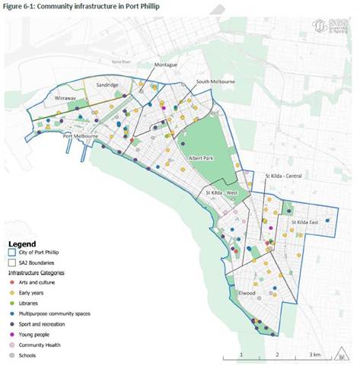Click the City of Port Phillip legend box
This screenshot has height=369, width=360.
click(x=13, y=253)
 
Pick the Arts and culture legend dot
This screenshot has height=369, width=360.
click(x=12, y=282)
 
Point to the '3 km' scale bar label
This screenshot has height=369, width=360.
click(x=314, y=355)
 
